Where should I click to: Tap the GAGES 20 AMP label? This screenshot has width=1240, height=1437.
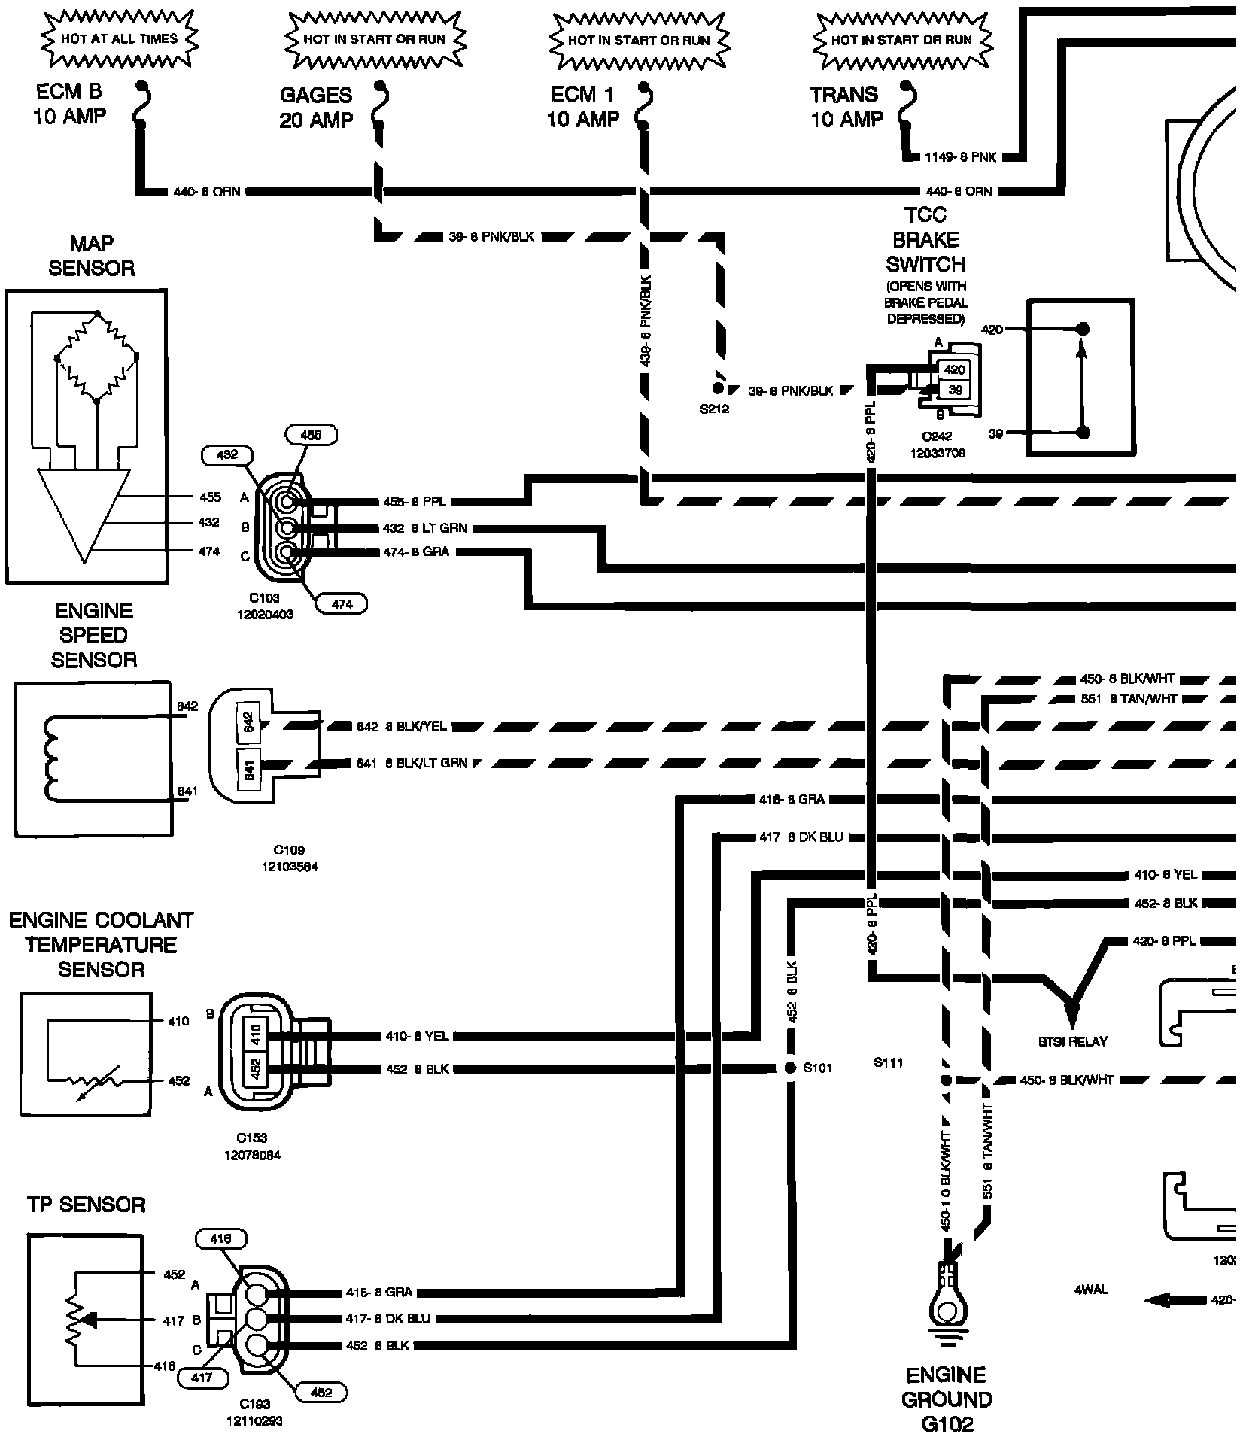[x=315, y=107]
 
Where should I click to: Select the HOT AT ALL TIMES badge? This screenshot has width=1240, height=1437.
[x=119, y=38]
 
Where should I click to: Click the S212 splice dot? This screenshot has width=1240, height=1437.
[x=717, y=388]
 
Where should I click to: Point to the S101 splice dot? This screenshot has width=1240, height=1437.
[x=790, y=1068]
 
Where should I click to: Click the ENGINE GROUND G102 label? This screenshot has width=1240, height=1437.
[x=947, y=1399]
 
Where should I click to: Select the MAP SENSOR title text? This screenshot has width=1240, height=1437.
[x=92, y=256]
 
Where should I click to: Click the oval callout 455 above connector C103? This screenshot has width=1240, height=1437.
[x=311, y=435]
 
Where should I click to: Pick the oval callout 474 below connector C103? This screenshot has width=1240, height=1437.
[x=342, y=603]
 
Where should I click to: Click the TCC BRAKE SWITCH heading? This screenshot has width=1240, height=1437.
[x=925, y=240]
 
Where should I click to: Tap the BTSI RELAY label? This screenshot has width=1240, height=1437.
[x=1071, y=1041]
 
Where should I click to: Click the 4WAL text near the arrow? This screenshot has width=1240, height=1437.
[x=1091, y=1290]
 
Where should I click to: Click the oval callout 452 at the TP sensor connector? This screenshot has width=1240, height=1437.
[x=321, y=1393]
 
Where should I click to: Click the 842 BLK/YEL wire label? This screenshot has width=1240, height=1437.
[x=401, y=727]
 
